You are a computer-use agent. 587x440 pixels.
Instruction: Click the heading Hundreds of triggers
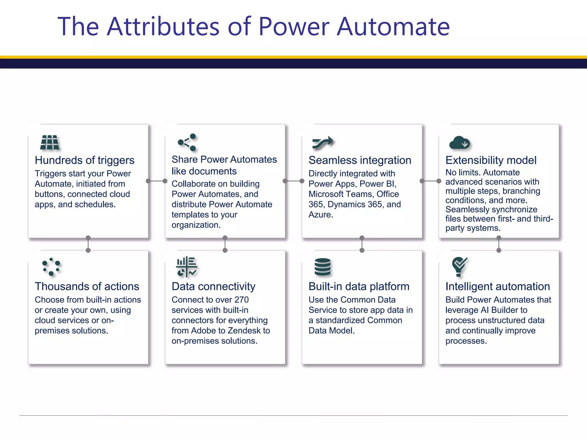(84, 160)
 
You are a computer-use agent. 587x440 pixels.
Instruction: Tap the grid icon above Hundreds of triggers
(50, 142)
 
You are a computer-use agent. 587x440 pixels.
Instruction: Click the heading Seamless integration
(360, 160)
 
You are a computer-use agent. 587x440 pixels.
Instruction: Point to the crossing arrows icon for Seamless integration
(323, 142)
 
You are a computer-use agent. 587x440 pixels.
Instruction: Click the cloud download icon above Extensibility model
(459, 143)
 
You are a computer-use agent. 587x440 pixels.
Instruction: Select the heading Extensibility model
(491, 160)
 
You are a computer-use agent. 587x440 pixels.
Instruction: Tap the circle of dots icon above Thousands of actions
(51, 267)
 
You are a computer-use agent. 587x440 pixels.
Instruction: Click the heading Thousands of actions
(87, 286)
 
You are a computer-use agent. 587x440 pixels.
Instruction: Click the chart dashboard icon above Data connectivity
(187, 267)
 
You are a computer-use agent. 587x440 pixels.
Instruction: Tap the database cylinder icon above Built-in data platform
(322, 267)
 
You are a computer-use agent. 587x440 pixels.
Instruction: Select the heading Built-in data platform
(359, 286)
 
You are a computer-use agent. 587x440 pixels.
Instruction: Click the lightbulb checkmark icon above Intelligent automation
(459, 266)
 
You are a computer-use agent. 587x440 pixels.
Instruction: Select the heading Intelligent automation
(498, 286)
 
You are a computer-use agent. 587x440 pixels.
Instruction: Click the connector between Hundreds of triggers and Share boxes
(156, 181)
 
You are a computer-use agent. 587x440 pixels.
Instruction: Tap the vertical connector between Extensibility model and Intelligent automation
(499, 244)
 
